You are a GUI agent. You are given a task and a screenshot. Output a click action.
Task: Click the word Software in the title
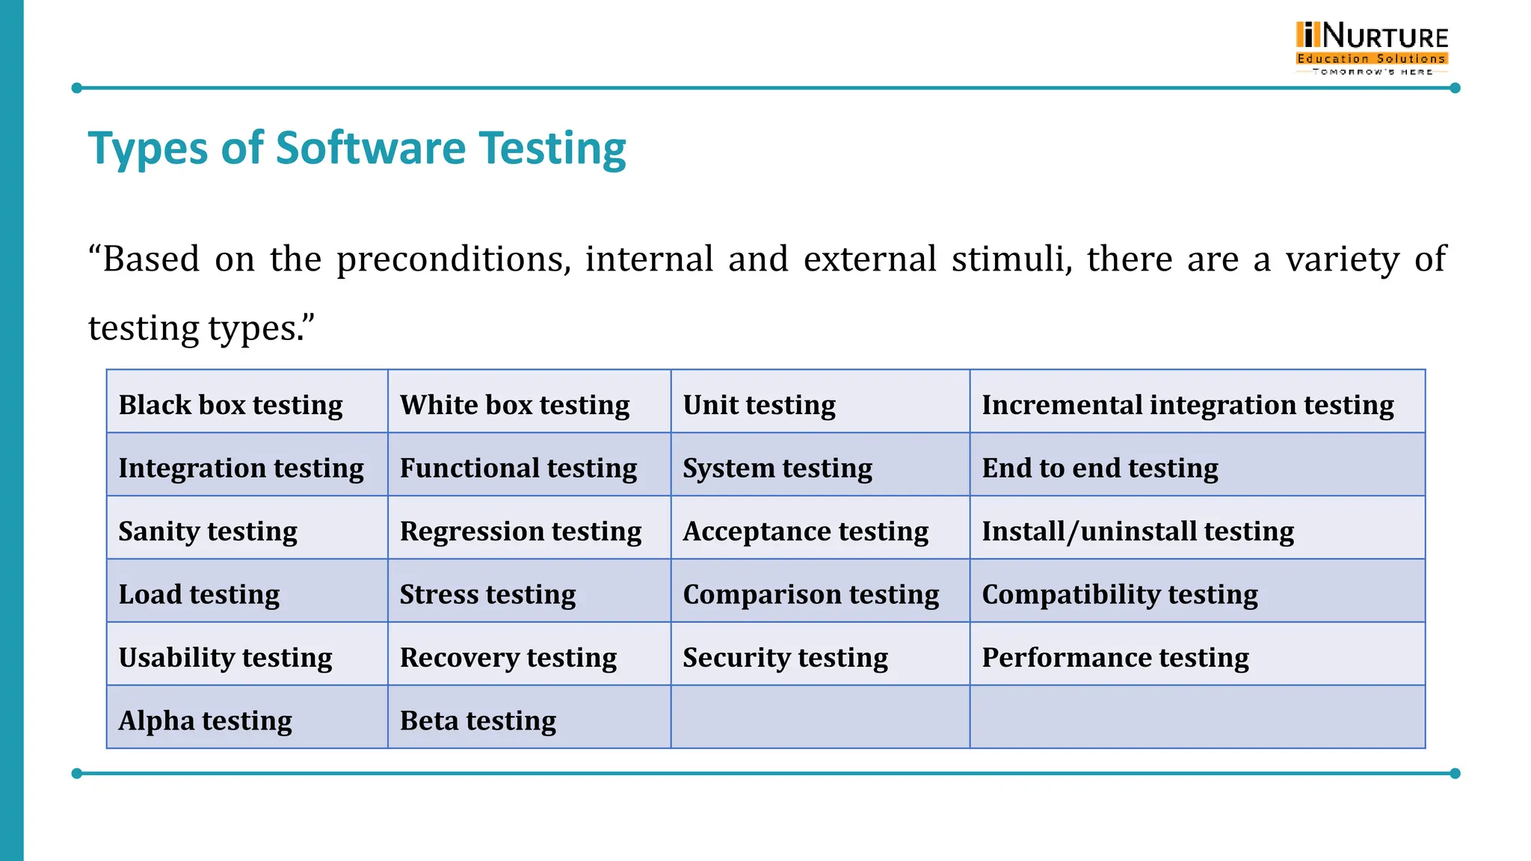point(371,148)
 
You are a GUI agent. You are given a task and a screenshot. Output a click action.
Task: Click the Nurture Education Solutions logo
point(1372,48)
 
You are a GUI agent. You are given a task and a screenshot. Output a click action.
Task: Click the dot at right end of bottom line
point(1455,774)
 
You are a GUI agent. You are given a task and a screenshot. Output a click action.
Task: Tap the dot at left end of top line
point(76,88)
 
